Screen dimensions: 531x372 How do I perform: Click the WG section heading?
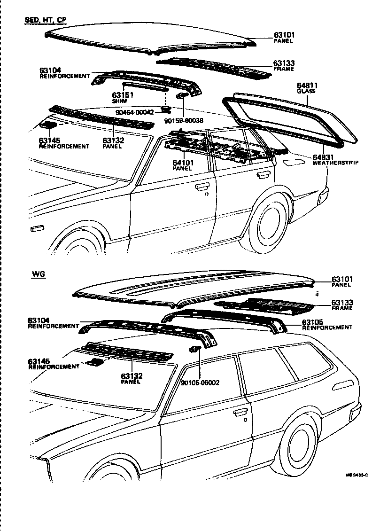click(x=39, y=274)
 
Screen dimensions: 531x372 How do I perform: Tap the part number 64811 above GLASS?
click(x=307, y=86)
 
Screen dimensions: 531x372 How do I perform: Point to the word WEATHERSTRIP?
click(x=335, y=163)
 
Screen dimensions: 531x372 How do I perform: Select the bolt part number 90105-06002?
click(x=200, y=382)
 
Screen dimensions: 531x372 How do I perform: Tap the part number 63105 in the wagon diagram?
click(x=313, y=322)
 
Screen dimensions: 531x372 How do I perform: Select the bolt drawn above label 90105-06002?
click(x=195, y=349)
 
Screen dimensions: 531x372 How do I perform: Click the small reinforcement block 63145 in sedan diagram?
click(x=48, y=125)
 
